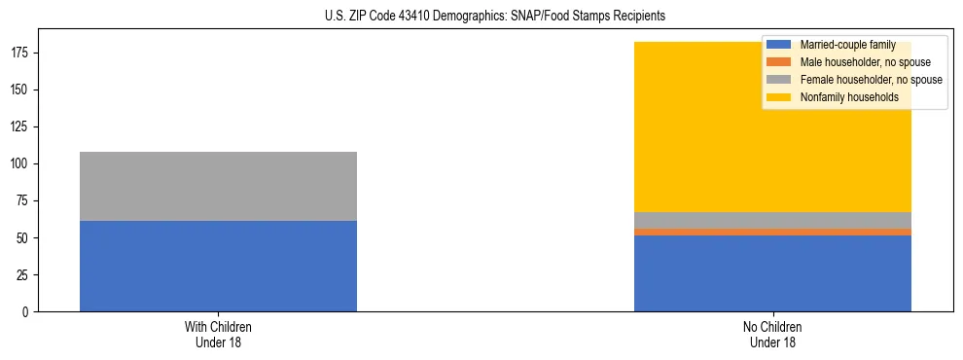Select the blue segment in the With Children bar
218,266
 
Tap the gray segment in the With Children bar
218,186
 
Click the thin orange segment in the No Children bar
772,232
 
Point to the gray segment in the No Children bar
772,220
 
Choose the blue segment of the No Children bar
772,273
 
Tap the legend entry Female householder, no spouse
871,80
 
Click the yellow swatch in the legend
779,97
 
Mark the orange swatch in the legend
779,62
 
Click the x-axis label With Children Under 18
218,334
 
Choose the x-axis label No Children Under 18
772,334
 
